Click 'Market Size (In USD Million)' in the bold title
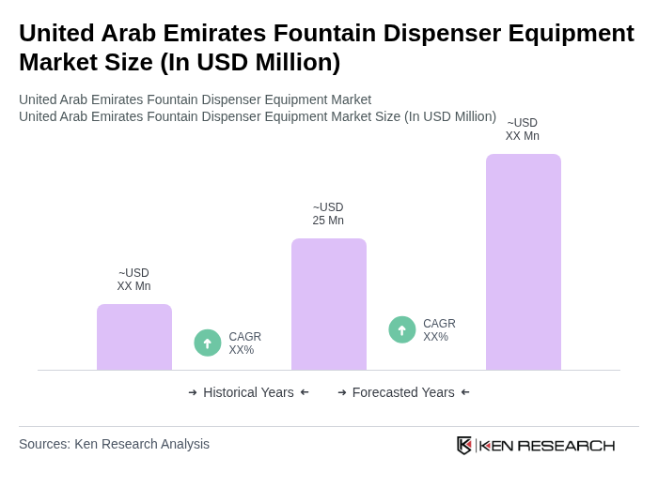(180, 62)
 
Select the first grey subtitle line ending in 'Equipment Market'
(195, 99)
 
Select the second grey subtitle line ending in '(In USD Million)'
(258, 116)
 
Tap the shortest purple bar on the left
(134, 337)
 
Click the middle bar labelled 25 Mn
(328, 304)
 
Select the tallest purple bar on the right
(523, 262)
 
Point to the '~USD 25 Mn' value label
(328, 214)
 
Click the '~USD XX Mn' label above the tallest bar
(523, 130)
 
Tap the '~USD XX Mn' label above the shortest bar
(133, 280)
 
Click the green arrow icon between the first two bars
(208, 343)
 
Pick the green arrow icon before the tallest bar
(402, 329)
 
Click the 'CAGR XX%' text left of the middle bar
(244, 343)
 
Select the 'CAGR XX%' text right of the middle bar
(439, 330)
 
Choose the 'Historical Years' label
(248, 392)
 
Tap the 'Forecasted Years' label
(403, 392)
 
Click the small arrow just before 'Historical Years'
(193, 392)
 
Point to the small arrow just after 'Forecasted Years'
(465, 392)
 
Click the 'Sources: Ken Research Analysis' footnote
(114, 444)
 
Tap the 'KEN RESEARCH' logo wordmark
(546, 445)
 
